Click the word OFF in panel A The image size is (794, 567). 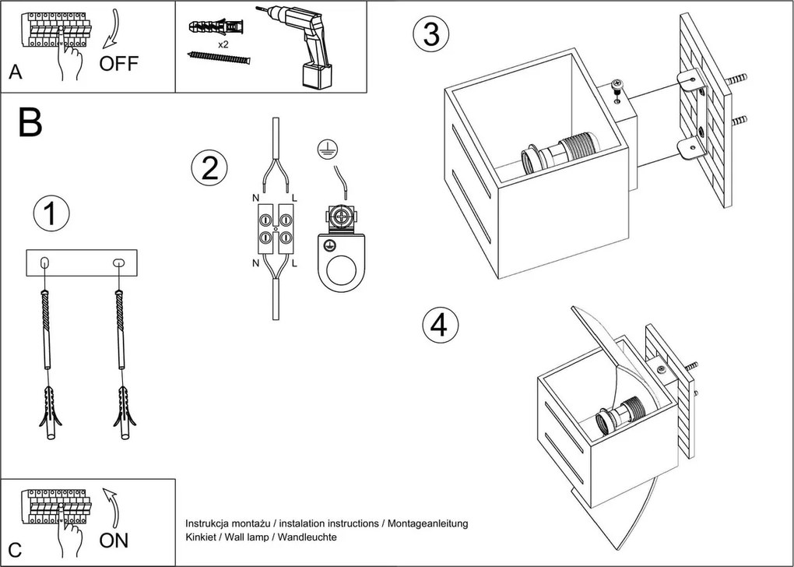tap(119, 63)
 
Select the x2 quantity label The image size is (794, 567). tap(223, 45)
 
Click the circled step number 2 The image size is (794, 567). tap(209, 168)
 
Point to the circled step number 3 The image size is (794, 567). tap(431, 35)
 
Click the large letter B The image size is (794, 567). tap(30, 123)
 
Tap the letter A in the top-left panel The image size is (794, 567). tap(15, 73)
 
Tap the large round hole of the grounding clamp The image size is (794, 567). tap(341, 274)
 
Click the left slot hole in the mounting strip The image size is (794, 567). tap(44, 262)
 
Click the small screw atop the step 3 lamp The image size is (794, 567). tap(617, 87)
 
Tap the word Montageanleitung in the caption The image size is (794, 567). tap(427, 523)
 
